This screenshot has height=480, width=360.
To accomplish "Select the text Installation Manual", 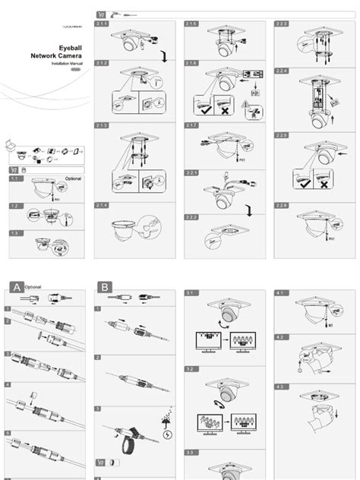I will pos(66,65).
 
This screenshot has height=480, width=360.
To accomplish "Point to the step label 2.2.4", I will pos(283,71).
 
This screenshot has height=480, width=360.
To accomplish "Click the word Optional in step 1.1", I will pos(72,178).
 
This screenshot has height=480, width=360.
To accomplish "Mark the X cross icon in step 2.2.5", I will pos(324,184).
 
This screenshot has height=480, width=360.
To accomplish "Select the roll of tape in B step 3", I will pos(127,438).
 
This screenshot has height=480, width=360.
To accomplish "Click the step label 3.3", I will pos(191,453).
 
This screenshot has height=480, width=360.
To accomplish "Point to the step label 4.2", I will pos(281,336).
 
